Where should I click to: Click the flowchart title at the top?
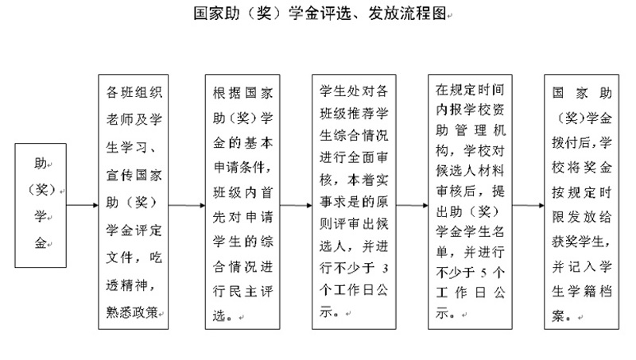click(x=320, y=14)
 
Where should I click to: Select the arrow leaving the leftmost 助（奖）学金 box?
click(x=83, y=205)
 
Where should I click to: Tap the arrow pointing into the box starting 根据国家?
click(x=187, y=205)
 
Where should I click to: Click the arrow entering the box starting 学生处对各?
click(x=296, y=205)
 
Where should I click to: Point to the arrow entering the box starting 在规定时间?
click(x=412, y=205)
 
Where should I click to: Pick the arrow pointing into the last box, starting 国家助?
click(x=528, y=205)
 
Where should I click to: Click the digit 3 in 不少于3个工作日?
click(x=385, y=268)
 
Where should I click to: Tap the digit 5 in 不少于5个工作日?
click(x=483, y=273)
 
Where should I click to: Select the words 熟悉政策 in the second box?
click(x=132, y=312)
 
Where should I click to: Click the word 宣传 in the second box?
click(x=120, y=175)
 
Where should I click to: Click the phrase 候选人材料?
click(x=470, y=170)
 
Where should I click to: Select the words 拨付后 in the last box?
click(x=572, y=142)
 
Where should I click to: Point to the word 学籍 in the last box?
click(x=582, y=292)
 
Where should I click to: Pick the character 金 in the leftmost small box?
click(x=41, y=243)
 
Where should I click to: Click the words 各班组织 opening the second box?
click(x=134, y=92)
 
